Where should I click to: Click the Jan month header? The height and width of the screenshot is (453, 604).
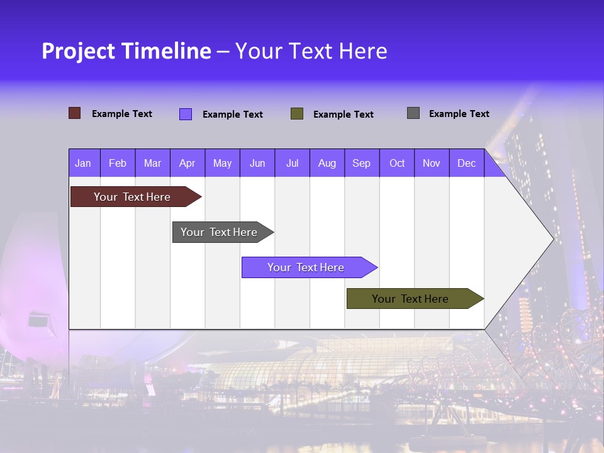click(x=83, y=164)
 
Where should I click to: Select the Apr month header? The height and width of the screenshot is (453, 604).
click(x=187, y=164)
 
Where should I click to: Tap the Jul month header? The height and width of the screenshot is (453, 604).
click(x=293, y=164)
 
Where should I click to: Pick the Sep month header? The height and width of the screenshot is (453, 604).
click(x=362, y=164)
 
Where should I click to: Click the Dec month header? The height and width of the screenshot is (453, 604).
click(x=467, y=164)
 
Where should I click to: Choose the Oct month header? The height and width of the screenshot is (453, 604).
click(x=397, y=164)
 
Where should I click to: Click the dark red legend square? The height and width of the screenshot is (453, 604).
click(x=75, y=113)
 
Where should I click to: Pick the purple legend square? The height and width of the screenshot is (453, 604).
click(x=186, y=114)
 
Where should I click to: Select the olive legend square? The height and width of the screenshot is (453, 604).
click(x=297, y=114)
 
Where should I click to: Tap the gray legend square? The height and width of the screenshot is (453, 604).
click(x=413, y=113)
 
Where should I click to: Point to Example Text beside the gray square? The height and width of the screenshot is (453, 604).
click(x=459, y=114)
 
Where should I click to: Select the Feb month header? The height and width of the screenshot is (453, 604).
click(x=118, y=164)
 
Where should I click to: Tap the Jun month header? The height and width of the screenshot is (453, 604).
click(x=257, y=164)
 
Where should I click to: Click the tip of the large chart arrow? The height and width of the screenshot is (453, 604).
click(x=552, y=238)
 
